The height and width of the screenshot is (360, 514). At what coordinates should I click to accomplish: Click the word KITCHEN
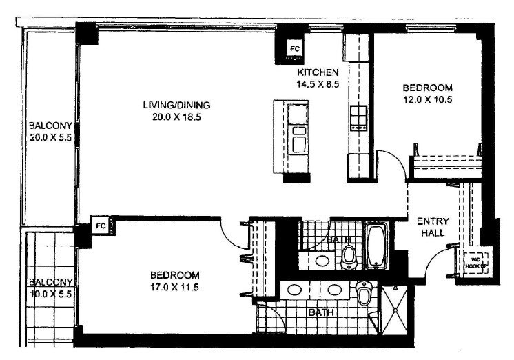(x=318, y=72)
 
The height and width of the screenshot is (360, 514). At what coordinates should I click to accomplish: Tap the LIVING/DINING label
(x=176, y=105)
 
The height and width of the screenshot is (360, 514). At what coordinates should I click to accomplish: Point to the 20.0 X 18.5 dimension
(x=176, y=117)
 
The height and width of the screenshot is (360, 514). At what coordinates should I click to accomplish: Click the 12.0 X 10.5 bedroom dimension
(x=427, y=99)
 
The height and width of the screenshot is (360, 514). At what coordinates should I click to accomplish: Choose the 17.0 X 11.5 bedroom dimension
(x=176, y=288)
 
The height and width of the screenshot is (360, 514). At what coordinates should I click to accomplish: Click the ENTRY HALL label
(x=433, y=227)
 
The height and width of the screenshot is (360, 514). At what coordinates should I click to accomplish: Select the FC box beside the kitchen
(x=294, y=49)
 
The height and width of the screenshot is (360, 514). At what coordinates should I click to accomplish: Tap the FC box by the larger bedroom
(x=100, y=226)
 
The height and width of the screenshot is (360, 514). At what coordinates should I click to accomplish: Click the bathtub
(x=376, y=245)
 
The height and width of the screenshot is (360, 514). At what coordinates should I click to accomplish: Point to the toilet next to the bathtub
(x=349, y=257)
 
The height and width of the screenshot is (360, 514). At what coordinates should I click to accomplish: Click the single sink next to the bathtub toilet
(x=321, y=260)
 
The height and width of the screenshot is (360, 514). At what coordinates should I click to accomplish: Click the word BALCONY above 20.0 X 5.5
(x=50, y=126)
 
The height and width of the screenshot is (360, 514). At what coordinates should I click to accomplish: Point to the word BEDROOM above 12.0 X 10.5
(x=427, y=88)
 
